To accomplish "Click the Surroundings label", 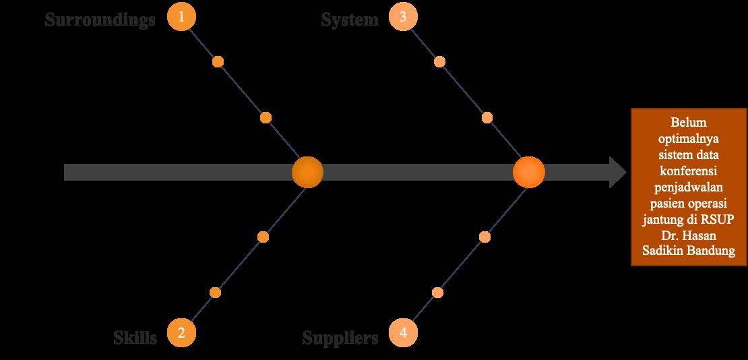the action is (100, 20).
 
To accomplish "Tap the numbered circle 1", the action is (181, 17).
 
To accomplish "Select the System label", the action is (350, 20).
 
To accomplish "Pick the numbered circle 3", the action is (403, 17).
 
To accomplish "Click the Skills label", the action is (135, 337).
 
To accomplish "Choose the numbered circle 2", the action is (181, 332).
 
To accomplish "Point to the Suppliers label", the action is (340, 337).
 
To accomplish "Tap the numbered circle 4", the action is (403, 332).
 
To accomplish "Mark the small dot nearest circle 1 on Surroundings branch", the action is (218, 62).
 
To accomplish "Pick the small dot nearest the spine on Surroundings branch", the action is (266, 118).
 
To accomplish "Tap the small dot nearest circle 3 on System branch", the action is (439, 62).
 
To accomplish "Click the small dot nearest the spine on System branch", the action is (487, 118).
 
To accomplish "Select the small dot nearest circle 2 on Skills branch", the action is (215, 293).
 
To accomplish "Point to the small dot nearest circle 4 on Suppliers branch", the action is (437, 293).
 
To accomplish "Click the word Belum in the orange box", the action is (685, 124).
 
